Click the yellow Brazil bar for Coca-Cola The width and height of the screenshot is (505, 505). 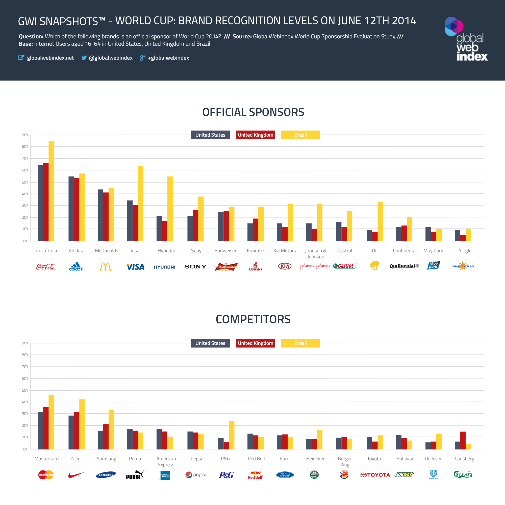point(51,191)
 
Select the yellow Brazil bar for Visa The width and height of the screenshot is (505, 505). point(141,204)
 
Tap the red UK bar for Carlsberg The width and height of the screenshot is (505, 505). point(463,440)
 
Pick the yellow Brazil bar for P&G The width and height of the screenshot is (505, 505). point(232,435)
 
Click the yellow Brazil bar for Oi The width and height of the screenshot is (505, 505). point(380,221)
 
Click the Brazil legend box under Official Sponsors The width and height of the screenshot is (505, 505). point(300,135)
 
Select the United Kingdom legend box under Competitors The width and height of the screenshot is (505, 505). point(255,343)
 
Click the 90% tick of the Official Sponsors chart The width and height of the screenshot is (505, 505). point(25,135)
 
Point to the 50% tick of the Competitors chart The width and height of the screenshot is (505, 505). point(25,390)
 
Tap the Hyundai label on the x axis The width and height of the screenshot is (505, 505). point(166,251)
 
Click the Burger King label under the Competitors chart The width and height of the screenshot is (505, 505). point(345,462)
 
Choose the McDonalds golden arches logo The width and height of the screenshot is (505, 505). point(106,267)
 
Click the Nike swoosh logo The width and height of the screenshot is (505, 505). point(76,475)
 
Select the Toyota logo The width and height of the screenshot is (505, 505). point(375,475)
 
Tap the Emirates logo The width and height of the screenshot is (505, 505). point(255,266)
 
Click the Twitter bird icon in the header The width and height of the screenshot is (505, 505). point(84,58)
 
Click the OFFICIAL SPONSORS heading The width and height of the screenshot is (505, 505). point(253,112)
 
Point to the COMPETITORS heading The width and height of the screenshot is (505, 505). point(253,319)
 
